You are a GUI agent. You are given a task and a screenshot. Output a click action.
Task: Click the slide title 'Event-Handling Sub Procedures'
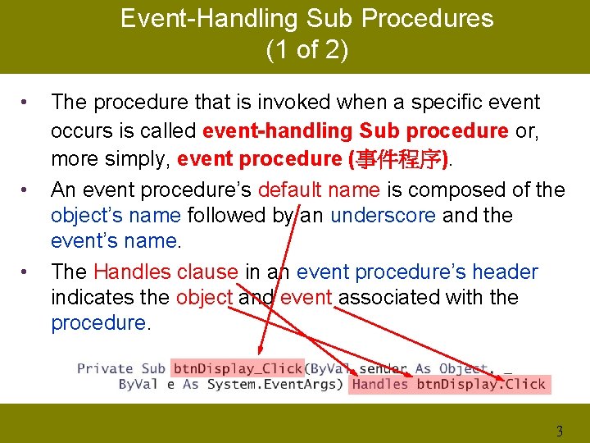point(306,19)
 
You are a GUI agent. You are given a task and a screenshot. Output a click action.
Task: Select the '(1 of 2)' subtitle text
point(306,50)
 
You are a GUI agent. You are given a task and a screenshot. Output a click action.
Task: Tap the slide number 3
point(560,432)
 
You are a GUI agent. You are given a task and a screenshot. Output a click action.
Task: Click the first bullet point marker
point(26,103)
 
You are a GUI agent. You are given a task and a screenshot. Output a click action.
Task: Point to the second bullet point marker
point(26,190)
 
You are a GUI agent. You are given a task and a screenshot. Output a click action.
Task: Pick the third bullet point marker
point(26,272)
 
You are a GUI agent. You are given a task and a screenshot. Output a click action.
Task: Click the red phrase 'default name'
point(318,190)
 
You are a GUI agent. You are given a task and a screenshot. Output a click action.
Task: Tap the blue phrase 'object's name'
point(116,216)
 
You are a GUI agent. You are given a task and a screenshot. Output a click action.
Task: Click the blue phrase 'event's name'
point(114,241)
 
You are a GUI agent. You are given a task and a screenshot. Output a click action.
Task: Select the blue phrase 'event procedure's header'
point(417,272)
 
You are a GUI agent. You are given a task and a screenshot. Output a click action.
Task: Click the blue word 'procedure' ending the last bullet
point(98,323)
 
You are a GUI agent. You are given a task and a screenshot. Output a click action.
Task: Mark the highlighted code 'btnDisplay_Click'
point(238,369)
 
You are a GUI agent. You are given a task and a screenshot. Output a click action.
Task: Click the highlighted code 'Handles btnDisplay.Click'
point(448,385)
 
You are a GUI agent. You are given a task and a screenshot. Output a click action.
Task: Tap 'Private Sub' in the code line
point(121,369)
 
